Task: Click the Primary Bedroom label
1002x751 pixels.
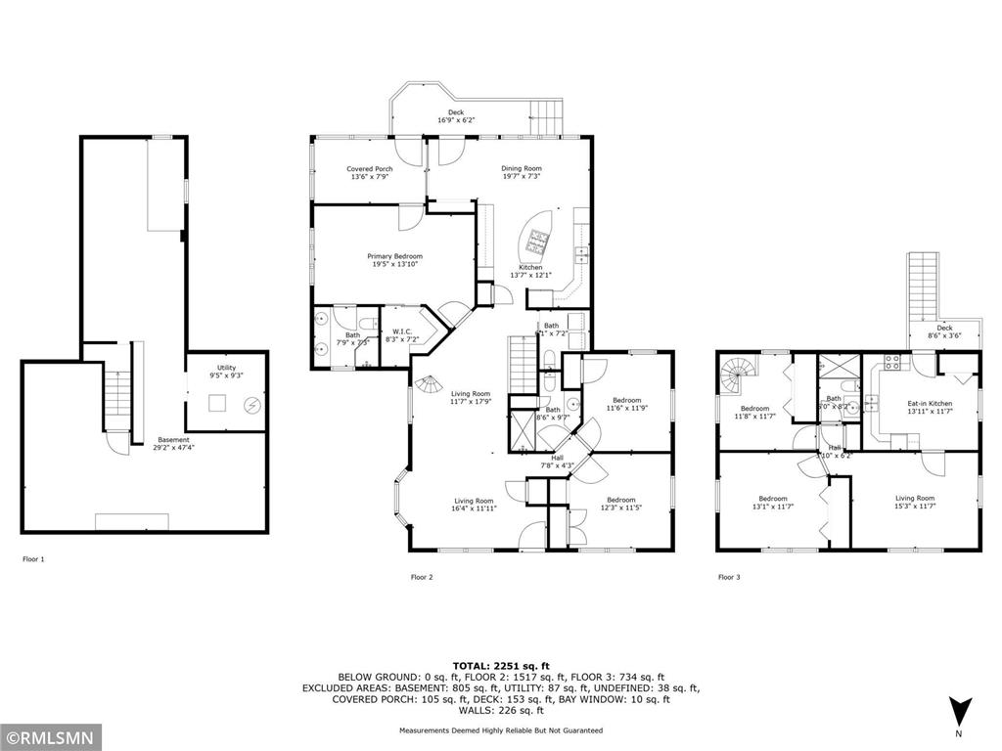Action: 396,260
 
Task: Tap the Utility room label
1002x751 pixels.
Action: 220,372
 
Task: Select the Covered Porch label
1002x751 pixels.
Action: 369,173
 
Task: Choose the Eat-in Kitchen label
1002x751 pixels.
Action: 929,408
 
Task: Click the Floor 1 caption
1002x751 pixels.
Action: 33,559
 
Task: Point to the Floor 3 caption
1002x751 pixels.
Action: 729,577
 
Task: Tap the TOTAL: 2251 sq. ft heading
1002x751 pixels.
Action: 501,665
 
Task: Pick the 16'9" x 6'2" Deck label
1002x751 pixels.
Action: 456,116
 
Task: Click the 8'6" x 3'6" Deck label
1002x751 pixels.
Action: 944,331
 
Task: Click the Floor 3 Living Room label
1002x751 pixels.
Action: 916,502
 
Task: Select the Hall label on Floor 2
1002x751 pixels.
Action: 558,461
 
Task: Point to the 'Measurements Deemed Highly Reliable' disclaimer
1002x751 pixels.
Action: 501,730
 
